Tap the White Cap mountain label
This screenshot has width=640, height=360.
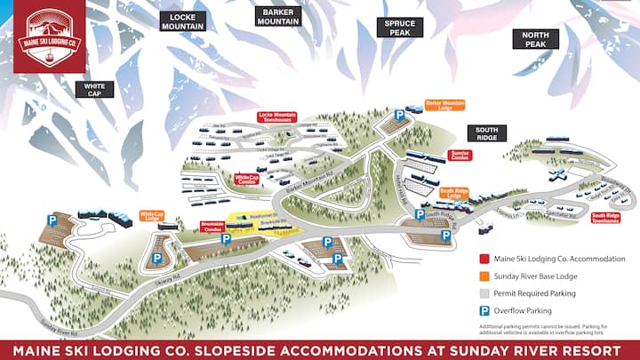click(x=95, y=88)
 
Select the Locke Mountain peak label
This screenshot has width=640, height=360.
click(x=183, y=21)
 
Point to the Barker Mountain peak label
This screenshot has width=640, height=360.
click(x=277, y=16)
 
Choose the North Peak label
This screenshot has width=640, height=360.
click(x=535, y=39)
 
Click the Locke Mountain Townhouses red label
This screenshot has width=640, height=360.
click(x=276, y=116)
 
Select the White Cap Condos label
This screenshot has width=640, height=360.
click(x=246, y=179)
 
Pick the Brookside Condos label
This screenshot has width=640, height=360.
click(x=212, y=227)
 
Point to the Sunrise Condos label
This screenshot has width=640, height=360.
click(x=460, y=155)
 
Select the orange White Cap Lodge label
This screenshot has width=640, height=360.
click(x=152, y=215)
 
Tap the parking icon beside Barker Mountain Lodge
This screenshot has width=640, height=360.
click(x=400, y=116)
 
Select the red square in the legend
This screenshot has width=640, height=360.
click(x=485, y=259)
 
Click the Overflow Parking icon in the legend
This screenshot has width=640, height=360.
click(x=485, y=311)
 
